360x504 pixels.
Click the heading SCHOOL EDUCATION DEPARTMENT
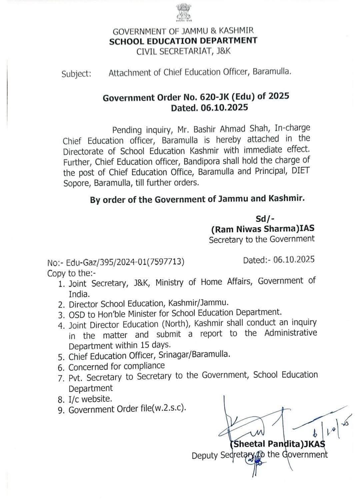(183, 41)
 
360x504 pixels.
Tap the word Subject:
(76, 74)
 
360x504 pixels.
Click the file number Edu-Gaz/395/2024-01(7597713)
(125, 262)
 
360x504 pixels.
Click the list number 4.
(61, 325)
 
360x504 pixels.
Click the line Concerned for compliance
(117, 366)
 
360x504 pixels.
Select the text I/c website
(90, 399)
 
